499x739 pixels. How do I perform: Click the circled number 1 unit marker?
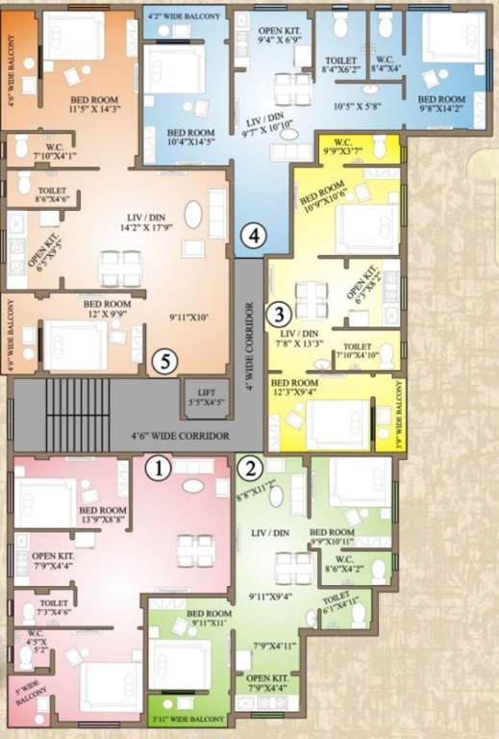(158, 469)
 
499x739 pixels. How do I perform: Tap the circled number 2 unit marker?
(250, 469)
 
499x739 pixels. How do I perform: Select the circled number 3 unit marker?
(279, 313)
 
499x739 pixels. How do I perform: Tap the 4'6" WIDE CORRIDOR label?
(180, 437)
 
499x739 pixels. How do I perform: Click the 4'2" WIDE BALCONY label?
(185, 17)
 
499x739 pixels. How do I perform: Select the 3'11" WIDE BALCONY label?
(188, 719)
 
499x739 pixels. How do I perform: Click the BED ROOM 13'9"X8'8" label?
(101, 515)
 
